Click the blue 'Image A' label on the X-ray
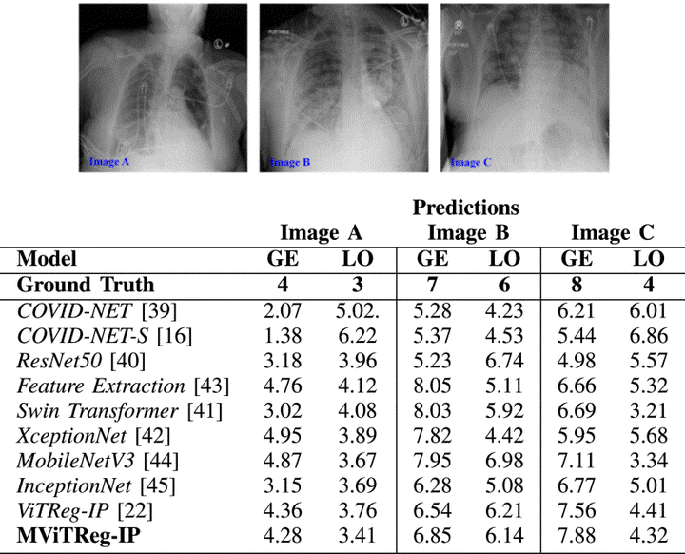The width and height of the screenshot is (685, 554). coord(109,161)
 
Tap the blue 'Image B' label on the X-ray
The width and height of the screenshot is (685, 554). coord(289,162)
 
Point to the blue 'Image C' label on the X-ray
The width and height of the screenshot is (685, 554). coord(470,162)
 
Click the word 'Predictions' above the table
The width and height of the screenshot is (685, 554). coord(466,208)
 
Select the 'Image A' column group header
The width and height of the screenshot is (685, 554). coord(322,233)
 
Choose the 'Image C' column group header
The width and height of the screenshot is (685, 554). coord(612,233)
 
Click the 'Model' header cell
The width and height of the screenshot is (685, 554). coord(48,259)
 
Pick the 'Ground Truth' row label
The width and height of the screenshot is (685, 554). coord(86,285)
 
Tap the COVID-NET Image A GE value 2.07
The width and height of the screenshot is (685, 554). coord(282,310)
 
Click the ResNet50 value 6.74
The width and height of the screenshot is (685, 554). coord(505,361)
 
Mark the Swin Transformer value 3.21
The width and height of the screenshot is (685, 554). coord(649,411)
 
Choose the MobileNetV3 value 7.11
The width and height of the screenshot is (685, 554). coord(577,462)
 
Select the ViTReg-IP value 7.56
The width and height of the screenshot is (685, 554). coord(577,512)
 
